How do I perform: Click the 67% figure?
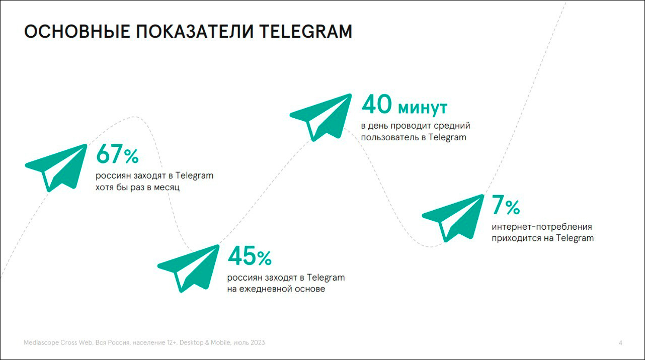click(x=117, y=154)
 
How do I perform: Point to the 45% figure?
click(x=250, y=256)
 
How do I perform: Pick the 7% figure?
click(x=506, y=206)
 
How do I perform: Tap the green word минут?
click(x=422, y=107)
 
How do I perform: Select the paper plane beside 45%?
click(x=189, y=267)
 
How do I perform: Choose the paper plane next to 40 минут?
click(x=321, y=116)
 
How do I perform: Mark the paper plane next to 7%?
click(x=453, y=217)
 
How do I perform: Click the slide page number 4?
click(x=620, y=343)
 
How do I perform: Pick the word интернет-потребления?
click(x=542, y=227)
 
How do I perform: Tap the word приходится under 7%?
click(x=516, y=238)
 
